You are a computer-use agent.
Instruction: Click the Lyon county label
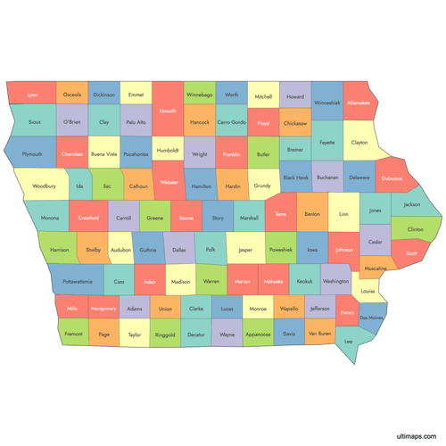(x=33, y=95)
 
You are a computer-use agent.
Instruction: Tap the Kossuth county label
(x=167, y=111)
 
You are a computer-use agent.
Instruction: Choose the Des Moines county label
(x=371, y=318)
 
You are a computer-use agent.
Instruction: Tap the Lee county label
(x=350, y=342)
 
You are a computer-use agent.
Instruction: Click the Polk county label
(x=211, y=251)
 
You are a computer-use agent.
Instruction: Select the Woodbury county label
(x=44, y=186)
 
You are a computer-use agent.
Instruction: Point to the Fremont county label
(x=73, y=334)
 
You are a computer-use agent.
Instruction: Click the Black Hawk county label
(x=296, y=178)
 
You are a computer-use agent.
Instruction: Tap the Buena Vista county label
(x=104, y=153)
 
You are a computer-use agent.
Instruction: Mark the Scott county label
(x=410, y=253)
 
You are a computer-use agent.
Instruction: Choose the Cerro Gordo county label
(x=231, y=121)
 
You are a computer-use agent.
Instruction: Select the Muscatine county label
(x=376, y=268)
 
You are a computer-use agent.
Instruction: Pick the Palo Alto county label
(x=136, y=121)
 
